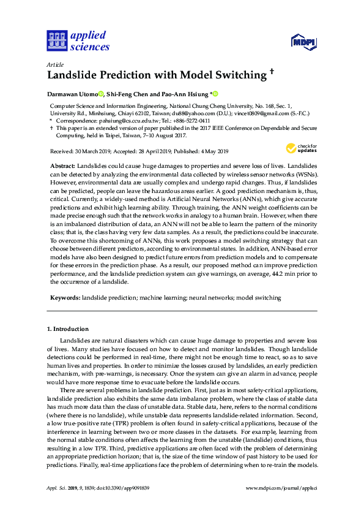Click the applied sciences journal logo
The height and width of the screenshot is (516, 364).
78,40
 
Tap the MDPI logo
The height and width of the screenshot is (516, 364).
304,42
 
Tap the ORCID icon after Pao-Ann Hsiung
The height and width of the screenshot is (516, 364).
215,94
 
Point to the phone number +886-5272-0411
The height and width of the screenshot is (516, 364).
182,121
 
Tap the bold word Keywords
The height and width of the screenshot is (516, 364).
65,298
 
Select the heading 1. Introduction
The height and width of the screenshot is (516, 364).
68,329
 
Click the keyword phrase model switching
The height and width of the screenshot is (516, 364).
259,298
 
